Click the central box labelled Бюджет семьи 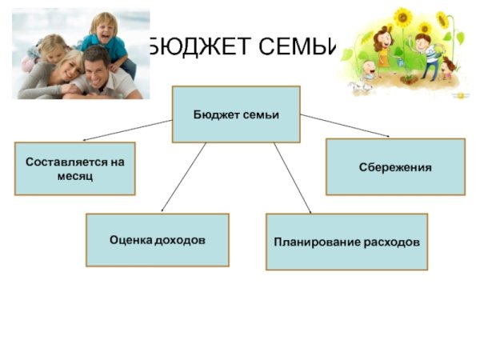pos(236,114)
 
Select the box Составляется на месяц pos(74,168)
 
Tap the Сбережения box pos(394,167)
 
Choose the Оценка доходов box pos(157,239)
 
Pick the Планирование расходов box pos(346,241)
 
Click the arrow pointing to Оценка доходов pos(184,178)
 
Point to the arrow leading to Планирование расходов pos(292,178)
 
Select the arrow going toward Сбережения pos(345,124)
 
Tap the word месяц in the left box pos(74,175)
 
